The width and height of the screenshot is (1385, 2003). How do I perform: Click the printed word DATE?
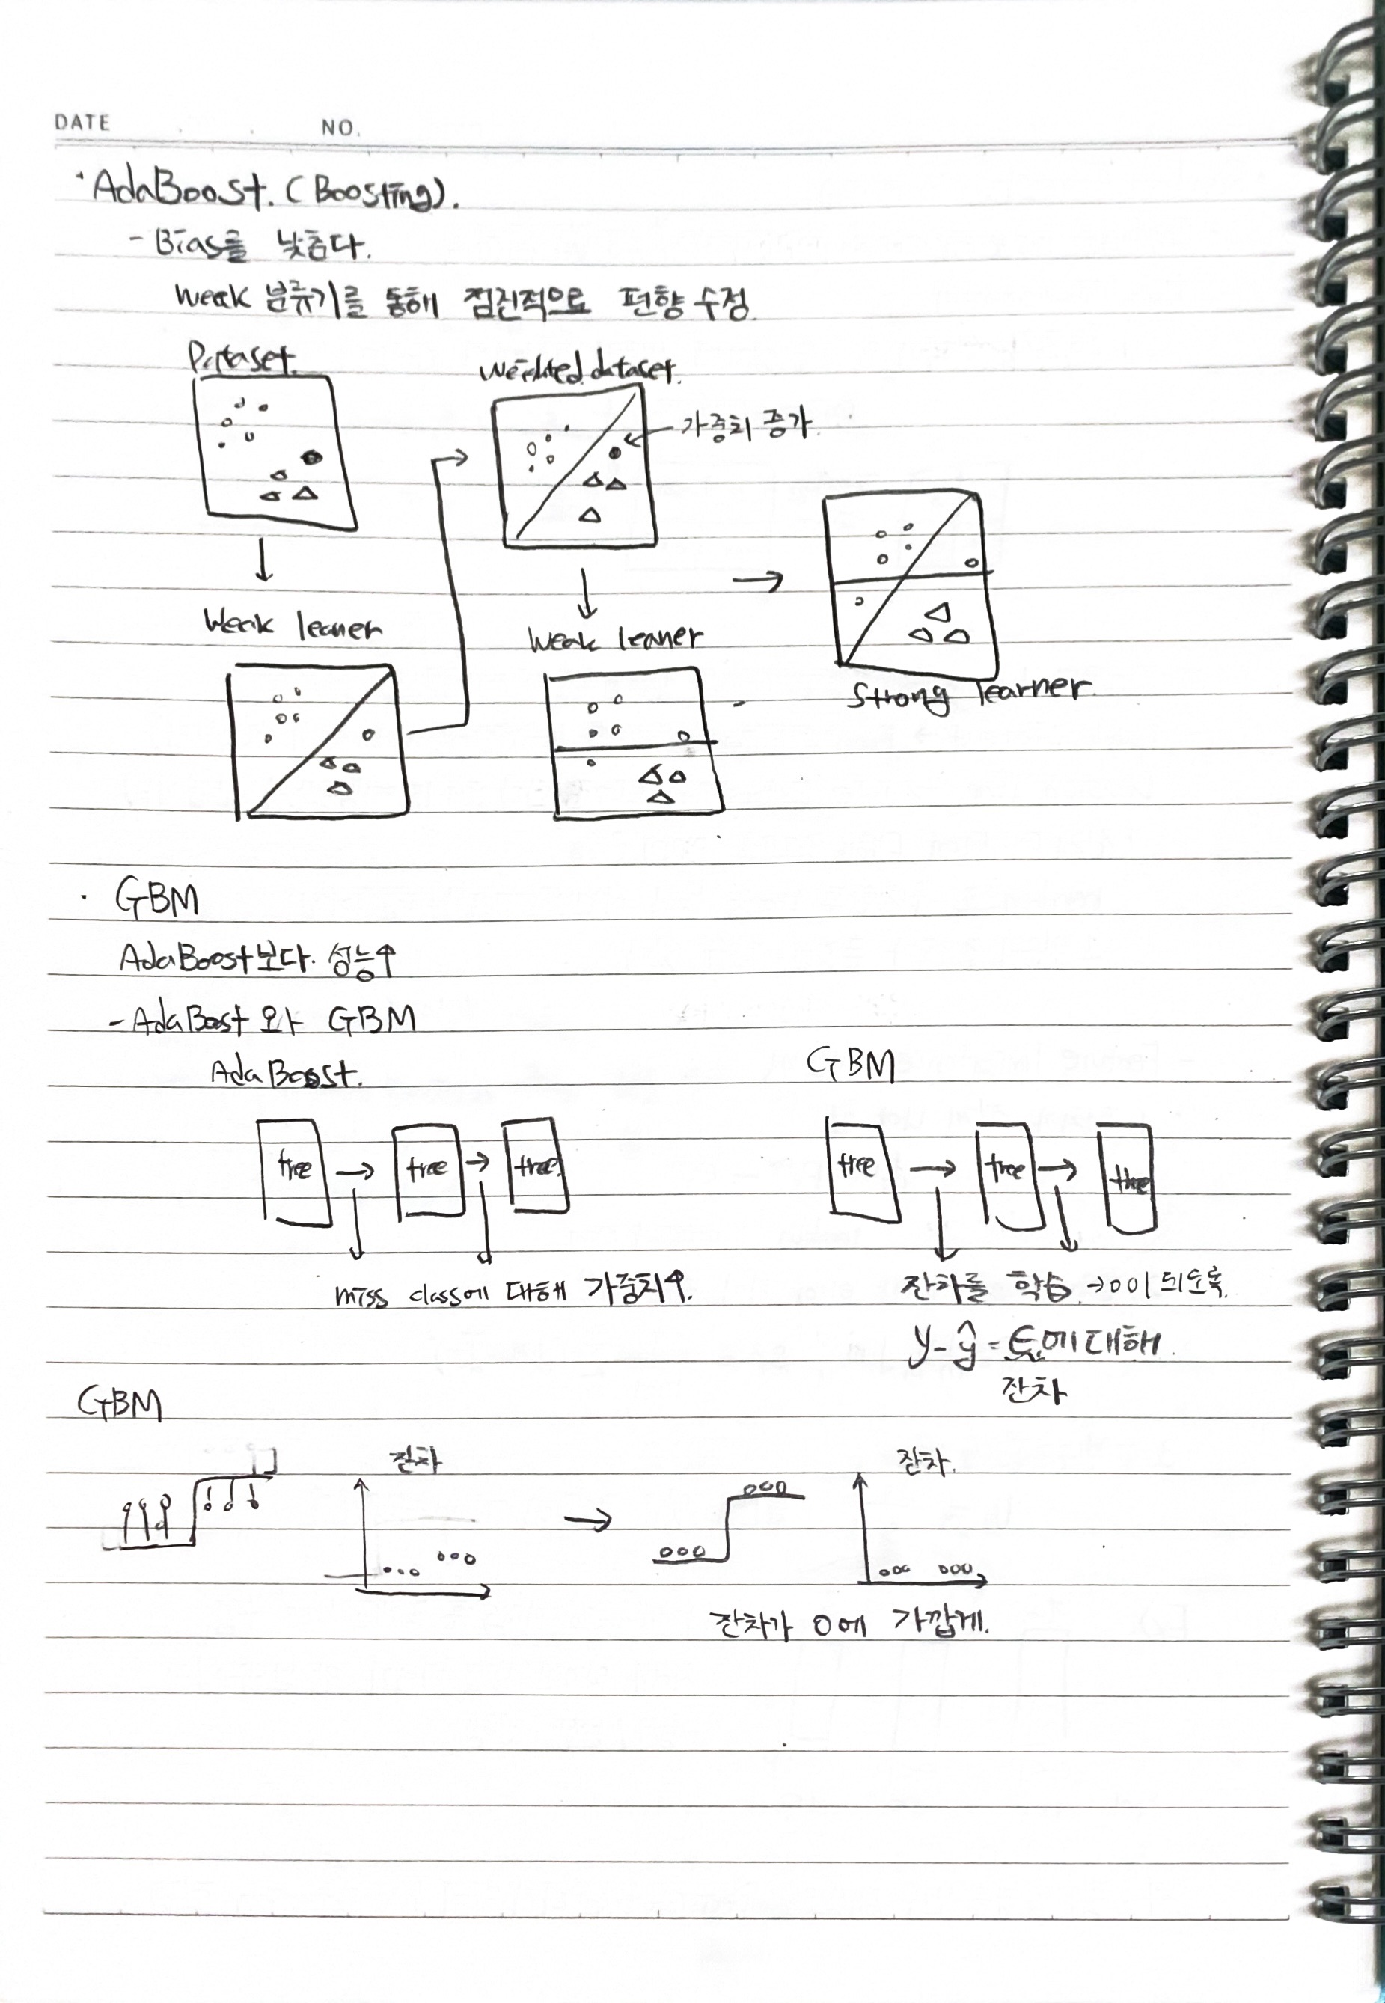[x=82, y=123]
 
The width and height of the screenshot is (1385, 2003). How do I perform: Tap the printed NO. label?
[x=338, y=128]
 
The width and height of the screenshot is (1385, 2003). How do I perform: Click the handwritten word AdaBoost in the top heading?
[x=179, y=188]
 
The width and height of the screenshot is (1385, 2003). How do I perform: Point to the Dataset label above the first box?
[x=241, y=358]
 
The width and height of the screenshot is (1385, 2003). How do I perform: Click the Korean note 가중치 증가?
[x=744, y=425]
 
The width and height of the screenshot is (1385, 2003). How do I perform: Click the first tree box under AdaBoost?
[x=295, y=1172]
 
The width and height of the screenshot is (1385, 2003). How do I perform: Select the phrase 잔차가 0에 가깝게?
[x=849, y=1622]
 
